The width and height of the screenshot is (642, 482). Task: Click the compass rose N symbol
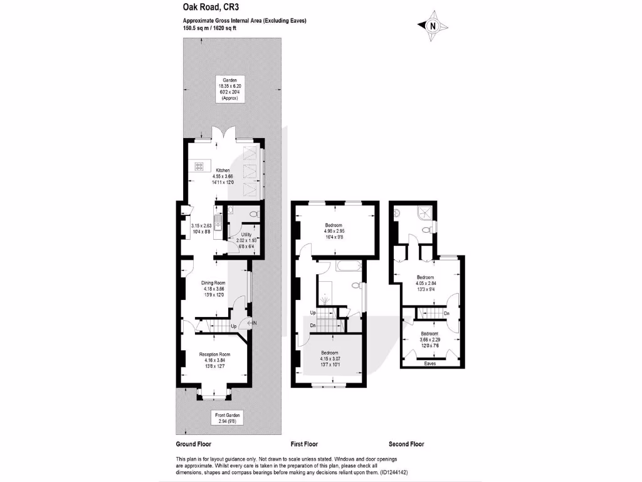click(x=433, y=26)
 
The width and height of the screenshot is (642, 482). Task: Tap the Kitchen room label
click(x=223, y=171)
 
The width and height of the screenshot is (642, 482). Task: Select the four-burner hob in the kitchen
click(x=200, y=167)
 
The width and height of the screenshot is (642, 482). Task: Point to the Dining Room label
click(x=213, y=282)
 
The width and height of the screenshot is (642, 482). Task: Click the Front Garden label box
click(x=228, y=419)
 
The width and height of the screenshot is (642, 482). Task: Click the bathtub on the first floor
click(x=346, y=267)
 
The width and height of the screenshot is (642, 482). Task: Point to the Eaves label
click(x=430, y=363)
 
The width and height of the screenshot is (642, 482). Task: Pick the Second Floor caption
click(x=406, y=444)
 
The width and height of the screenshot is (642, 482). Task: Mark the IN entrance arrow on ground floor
click(x=252, y=323)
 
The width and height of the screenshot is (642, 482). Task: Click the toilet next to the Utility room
click(x=253, y=215)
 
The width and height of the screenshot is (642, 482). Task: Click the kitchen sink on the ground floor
click(x=217, y=221)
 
